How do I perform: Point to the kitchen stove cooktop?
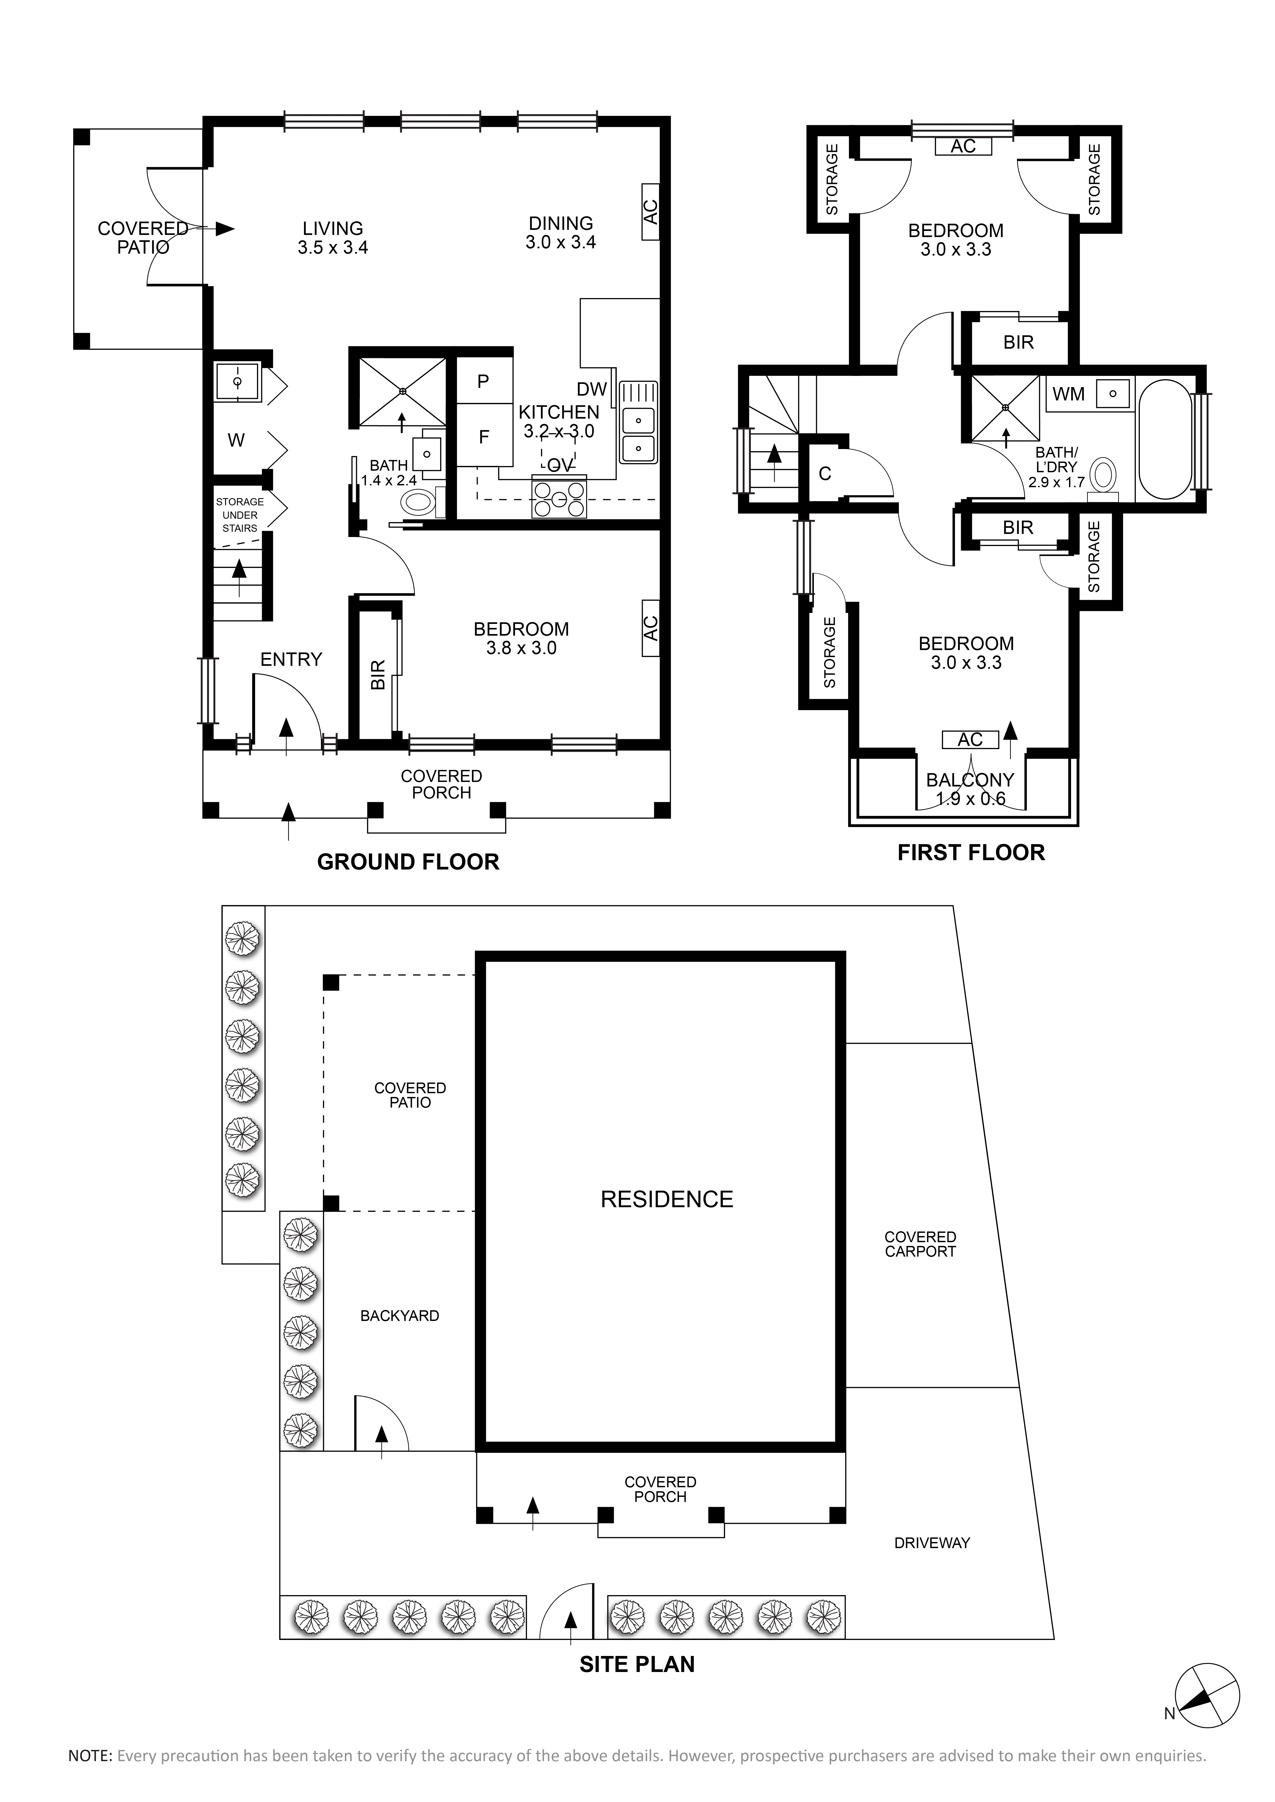coord(559,498)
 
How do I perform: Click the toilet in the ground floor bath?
coord(419,502)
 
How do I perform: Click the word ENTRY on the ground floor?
coord(291,659)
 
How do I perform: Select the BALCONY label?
coord(970,780)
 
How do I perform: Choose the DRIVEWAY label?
coord(932,1542)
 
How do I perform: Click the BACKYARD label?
coord(400,1315)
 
